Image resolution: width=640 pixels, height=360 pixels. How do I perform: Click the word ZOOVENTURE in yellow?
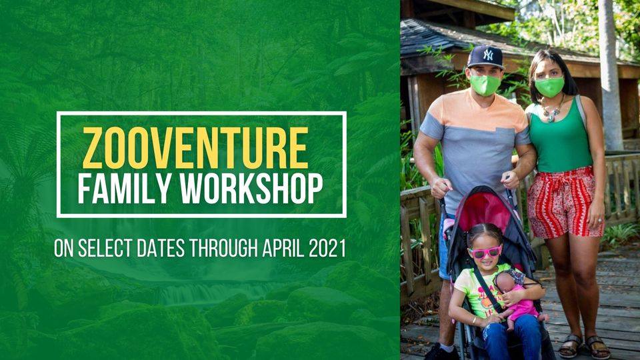195,148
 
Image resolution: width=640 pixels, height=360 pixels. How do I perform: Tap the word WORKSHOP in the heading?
252,189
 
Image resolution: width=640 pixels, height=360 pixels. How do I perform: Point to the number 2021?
327,247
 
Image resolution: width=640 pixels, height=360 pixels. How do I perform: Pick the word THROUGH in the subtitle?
223,247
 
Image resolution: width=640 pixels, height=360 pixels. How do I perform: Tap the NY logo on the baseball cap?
488,55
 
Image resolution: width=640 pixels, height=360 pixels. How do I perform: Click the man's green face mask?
485,85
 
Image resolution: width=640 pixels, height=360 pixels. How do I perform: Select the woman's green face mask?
549,87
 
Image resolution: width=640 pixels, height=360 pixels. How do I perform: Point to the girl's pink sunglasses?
485,252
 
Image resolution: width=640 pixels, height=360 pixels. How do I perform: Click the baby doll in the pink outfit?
516,299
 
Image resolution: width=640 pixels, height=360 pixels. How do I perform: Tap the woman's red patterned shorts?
564,203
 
